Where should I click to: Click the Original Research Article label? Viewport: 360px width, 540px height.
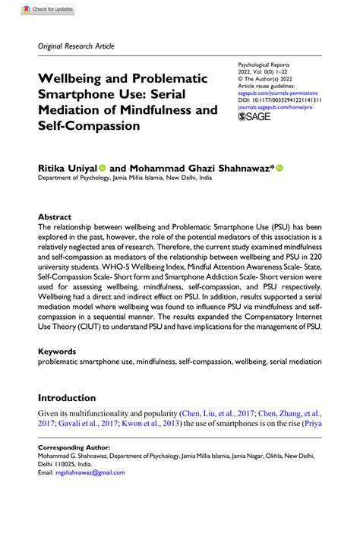pos(76,46)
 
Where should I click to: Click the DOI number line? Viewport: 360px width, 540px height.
pos(279,99)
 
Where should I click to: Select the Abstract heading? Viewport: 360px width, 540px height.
pos(55,216)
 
